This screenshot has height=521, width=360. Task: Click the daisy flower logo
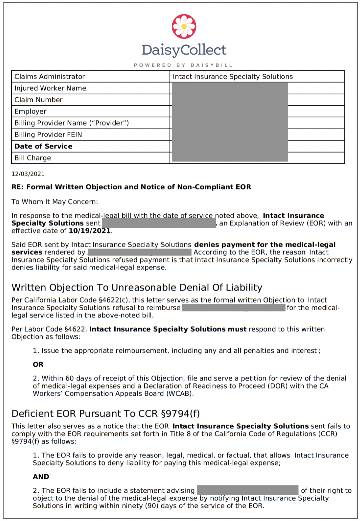click(x=184, y=26)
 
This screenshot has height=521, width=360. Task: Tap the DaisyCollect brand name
click(x=184, y=50)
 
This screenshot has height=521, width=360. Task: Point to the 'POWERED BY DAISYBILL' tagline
click(x=183, y=65)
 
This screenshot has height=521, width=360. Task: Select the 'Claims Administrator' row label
click(x=50, y=77)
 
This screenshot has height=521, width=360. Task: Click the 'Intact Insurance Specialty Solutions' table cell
click(x=233, y=77)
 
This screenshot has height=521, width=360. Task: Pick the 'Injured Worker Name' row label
click(x=50, y=88)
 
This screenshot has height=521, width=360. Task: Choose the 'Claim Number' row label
click(x=39, y=100)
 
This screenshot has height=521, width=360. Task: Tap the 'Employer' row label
click(x=30, y=112)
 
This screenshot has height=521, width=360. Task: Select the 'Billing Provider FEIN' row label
click(x=48, y=135)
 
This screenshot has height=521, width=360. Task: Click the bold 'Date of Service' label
click(x=43, y=146)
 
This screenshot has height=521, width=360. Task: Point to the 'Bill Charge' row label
click(x=33, y=158)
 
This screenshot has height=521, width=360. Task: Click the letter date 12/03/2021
click(x=28, y=174)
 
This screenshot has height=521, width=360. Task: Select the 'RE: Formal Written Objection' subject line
click(x=131, y=187)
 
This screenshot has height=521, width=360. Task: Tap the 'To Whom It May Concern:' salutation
click(x=55, y=202)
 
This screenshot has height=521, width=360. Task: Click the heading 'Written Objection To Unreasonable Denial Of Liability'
click(x=137, y=287)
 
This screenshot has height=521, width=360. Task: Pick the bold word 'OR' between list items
click(x=38, y=364)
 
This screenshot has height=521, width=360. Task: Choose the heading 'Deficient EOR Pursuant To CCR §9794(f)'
click(x=105, y=414)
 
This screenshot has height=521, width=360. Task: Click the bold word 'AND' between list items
click(x=41, y=477)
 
